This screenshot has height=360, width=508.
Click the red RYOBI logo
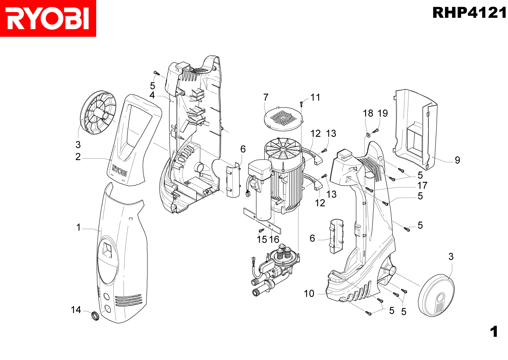pos(48,18)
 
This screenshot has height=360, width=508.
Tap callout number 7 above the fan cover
pos(266,97)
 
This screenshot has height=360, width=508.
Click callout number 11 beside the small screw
pos(315,97)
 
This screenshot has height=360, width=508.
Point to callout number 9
pos(457,160)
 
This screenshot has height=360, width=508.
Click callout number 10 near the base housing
pos(309,293)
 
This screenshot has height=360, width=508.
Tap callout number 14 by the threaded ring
pos(76,309)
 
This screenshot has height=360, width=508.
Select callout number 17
pos(422,185)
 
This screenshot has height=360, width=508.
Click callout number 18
pos(368,113)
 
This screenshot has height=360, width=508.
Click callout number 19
pos(383,113)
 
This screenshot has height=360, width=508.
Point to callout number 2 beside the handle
pos(78,157)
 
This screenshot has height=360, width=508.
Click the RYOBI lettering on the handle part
pos(119,170)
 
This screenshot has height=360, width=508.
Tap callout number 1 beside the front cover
pos(78,227)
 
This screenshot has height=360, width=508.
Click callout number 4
pos(152,95)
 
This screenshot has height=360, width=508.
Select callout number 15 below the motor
pos(262,239)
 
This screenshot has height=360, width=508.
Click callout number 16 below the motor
pos(274,239)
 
